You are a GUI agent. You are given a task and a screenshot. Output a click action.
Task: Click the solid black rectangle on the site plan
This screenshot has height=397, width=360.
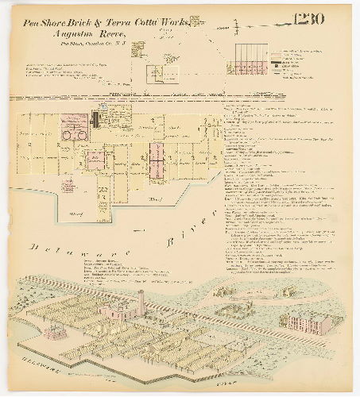pos(95,120)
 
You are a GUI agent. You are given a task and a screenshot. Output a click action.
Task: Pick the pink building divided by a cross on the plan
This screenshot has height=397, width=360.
pos(157,168)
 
